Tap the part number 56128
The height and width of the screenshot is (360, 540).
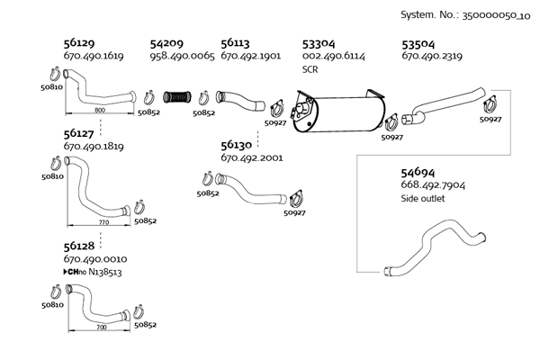click(x=80, y=245)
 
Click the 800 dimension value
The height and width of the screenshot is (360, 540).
click(x=100, y=110)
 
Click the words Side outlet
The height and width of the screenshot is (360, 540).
click(x=424, y=199)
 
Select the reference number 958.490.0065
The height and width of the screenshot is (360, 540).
click(x=182, y=56)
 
